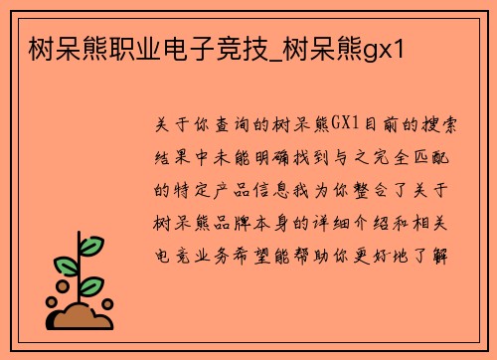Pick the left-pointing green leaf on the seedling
coord(65,266)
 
